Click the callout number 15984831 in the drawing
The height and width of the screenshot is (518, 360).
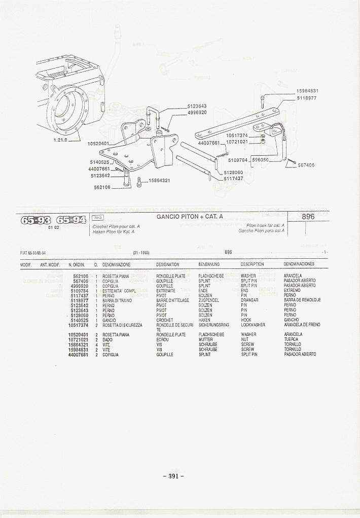(307, 91)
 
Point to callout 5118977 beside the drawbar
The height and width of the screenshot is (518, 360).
(307, 98)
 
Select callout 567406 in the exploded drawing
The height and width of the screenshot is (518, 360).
(306, 165)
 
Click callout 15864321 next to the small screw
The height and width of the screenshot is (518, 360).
(159, 181)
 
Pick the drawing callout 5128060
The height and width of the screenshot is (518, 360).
(233, 172)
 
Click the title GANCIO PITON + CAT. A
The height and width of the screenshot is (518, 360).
(190, 217)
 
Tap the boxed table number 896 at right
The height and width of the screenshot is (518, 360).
(308, 217)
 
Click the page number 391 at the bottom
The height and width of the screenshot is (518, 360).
(173, 476)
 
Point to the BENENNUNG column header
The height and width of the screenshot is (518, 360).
(209, 264)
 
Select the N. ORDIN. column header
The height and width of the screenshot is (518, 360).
(77, 265)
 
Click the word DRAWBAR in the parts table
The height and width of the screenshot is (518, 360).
(249, 300)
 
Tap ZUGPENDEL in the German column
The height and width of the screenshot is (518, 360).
(208, 300)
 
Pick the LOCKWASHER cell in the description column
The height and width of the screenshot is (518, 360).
(253, 325)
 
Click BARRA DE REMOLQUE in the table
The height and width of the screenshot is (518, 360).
(302, 300)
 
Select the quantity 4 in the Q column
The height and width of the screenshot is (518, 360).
(96, 344)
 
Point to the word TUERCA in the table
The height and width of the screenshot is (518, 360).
(292, 339)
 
